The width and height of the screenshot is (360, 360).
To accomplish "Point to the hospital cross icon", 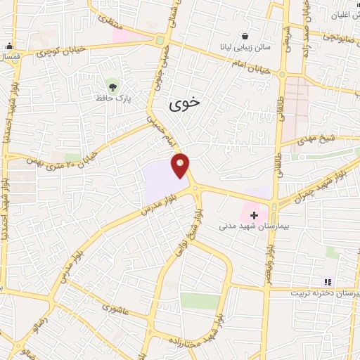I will (254, 214).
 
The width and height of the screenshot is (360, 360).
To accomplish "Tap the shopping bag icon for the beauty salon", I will (244, 36).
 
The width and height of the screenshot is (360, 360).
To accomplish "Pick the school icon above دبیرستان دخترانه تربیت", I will (326, 282).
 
